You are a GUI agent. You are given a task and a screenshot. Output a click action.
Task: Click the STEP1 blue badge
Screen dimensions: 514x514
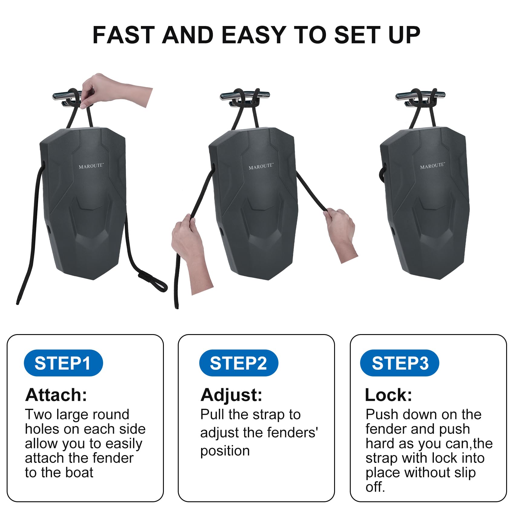click(x=63, y=363)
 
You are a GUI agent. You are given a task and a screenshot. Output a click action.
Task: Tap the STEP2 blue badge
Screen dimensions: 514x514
click(x=239, y=363)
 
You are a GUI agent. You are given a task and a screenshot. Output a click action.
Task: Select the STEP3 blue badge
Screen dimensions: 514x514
click(x=400, y=363)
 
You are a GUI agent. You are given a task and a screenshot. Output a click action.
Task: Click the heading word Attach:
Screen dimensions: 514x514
click(x=56, y=395)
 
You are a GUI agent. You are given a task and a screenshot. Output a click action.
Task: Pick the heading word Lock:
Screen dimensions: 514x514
click(x=389, y=395)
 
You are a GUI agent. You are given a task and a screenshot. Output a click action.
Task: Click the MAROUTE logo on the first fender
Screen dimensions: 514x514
click(x=91, y=166)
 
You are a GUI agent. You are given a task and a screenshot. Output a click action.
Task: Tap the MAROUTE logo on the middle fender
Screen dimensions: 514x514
click(x=261, y=166)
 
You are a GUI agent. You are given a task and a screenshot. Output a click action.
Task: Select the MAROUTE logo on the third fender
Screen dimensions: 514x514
click(x=432, y=166)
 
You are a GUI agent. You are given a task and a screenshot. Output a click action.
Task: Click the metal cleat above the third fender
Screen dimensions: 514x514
click(x=420, y=98)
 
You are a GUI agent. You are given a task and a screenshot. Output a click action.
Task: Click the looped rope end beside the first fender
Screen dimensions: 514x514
click(x=153, y=281)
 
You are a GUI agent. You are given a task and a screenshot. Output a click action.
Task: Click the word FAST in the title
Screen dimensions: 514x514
click(x=123, y=35)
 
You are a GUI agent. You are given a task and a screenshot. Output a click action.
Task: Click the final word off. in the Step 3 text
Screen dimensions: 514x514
click(x=375, y=487)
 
